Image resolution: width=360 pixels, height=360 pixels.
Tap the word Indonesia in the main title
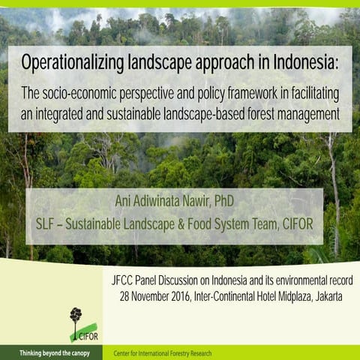tap(304, 62)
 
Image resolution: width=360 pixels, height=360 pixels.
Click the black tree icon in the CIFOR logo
tap(76, 316)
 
